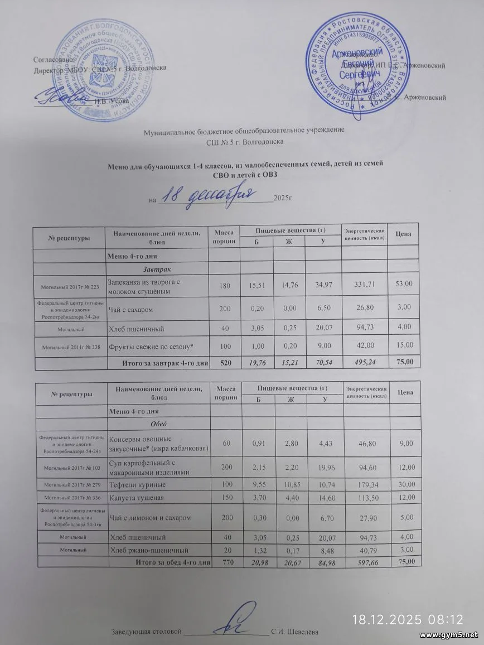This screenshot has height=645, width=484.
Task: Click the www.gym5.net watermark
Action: [x=448, y=636]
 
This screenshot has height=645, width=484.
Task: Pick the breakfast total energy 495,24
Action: [x=361, y=363]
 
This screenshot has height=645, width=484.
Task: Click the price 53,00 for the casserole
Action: [x=403, y=285]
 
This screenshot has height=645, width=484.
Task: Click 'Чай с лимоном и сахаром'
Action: [x=150, y=517]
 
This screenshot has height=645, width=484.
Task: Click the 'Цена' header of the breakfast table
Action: [x=403, y=233]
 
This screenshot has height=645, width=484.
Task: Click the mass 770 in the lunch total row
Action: [x=227, y=561]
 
